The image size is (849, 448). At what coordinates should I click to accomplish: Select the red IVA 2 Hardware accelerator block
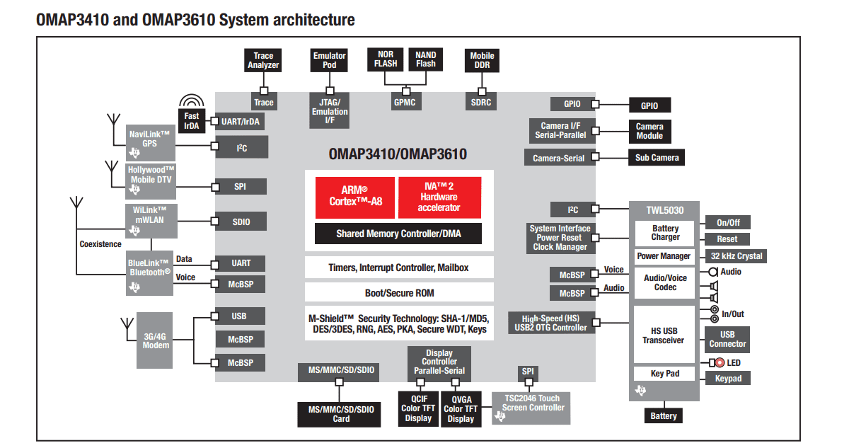point(439,197)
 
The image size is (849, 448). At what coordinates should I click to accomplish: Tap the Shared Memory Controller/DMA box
point(398,234)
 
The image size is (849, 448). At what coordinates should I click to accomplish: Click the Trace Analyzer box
point(263,60)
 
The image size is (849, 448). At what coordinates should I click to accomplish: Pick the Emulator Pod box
point(329,60)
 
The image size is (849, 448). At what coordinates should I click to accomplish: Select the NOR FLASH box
point(386,59)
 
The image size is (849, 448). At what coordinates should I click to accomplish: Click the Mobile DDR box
point(482,60)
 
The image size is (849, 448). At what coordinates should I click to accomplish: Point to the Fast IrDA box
point(191,120)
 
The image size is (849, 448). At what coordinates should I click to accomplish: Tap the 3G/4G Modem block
point(155,341)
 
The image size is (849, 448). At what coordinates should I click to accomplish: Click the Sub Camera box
point(656,157)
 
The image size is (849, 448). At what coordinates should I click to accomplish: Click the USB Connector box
point(727,339)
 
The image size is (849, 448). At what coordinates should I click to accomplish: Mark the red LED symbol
point(720,363)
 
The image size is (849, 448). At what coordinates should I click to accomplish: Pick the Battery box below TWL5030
point(663,416)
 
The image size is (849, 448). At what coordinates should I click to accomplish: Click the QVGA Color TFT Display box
point(461,408)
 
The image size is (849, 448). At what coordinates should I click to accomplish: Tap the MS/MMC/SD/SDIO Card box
point(341,414)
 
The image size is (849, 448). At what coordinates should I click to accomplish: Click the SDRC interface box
point(481,103)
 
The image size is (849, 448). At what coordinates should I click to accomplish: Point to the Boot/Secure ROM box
point(398,292)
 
